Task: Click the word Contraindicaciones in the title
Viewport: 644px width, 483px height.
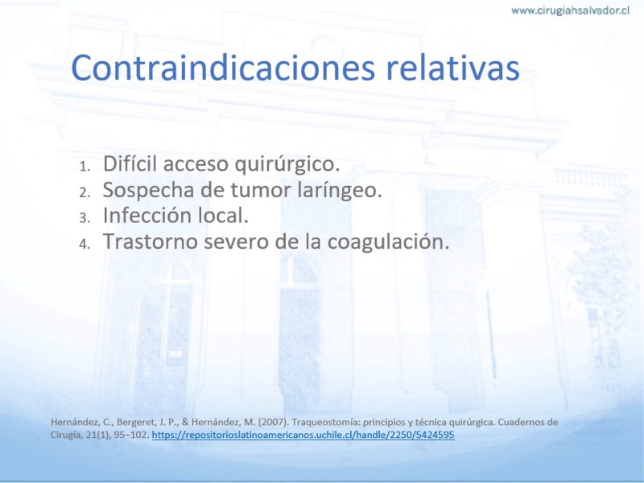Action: tap(223, 68)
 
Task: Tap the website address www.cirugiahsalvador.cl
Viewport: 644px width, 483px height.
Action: tap(570, 10)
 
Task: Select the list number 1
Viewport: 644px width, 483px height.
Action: tap(85, 167)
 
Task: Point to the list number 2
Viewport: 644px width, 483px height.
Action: tap(85, 192)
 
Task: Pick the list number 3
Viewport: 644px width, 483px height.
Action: tap(85, 218)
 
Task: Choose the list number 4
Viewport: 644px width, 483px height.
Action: tap(85, 244)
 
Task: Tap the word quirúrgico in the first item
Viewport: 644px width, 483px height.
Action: tap(287, 165)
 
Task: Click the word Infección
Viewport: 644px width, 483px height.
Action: tap(147, 215)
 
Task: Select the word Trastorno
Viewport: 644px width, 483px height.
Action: tap(151, 241)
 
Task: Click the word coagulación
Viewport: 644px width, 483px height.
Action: tap(388, 242)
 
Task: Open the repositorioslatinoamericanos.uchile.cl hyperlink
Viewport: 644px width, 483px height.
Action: tap(303, 435)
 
